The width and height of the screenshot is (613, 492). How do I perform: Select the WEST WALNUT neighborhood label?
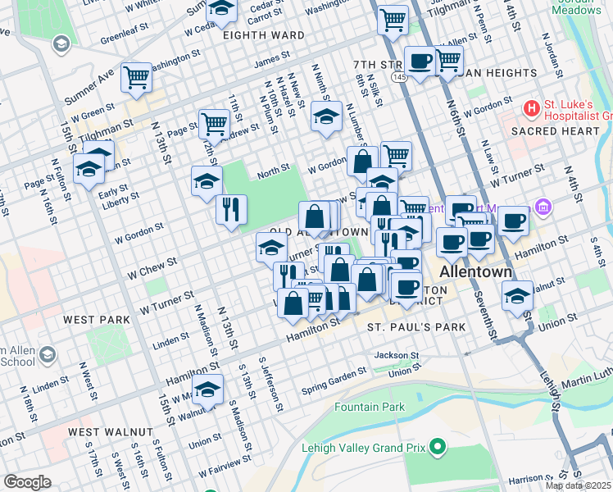click(110, 431)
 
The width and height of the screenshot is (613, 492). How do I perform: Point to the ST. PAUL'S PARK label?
click(415, 327)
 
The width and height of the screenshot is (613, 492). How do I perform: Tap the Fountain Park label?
click(370, 407)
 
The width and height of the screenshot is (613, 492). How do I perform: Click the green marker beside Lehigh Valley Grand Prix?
click(438, 447)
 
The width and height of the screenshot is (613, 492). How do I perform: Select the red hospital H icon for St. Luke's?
click(532, 107)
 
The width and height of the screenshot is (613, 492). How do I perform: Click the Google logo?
click(27, 481)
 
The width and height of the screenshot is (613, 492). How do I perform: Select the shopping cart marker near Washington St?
click(136, 77)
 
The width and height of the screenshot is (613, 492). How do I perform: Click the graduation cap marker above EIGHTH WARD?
click(220, 9)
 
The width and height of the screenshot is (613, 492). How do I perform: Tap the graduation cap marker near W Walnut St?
click(207, 389)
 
